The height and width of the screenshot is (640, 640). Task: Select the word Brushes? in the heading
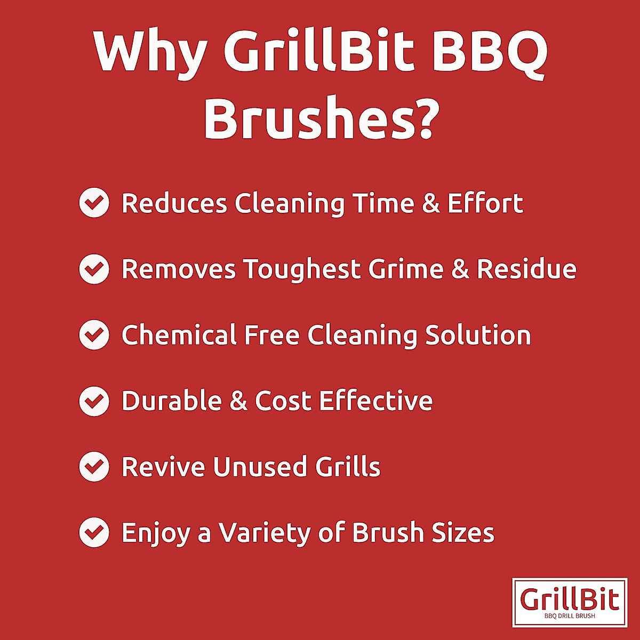point(321,118)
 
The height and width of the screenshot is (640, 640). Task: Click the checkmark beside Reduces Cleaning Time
point(94,203)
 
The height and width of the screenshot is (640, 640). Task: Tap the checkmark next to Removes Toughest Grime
point(94,269)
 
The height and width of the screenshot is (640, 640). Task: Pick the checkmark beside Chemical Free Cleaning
point(94,335)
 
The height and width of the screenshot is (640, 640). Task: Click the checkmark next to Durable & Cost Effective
point(94,401)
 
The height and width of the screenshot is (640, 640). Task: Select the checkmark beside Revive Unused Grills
point(94,467)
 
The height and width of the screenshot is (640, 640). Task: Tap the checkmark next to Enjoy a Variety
point(94,533)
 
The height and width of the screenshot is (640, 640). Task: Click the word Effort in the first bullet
point(485,203)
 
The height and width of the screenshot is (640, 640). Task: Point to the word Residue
point(526,269)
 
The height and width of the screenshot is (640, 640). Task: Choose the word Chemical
point(179,335)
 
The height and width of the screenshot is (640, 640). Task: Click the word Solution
point(478,335)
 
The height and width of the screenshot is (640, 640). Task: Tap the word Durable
point(171,401)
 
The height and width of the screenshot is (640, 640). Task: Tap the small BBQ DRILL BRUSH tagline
point(570,616)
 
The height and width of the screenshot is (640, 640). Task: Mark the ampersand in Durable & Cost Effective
point(238,401)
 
